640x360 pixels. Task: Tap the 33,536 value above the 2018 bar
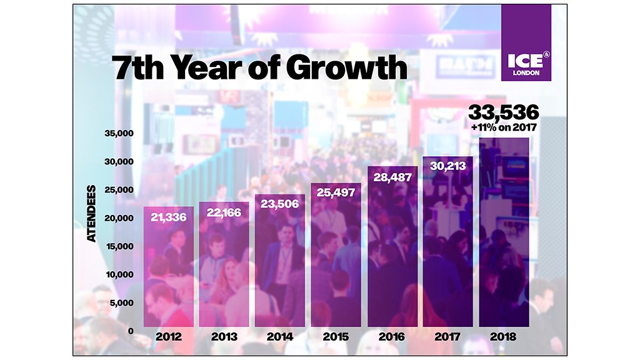(503, 113)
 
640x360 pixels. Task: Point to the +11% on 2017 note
(504, 128)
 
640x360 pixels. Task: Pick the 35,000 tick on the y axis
(118, 134)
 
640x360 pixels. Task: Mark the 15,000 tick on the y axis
(118, 246)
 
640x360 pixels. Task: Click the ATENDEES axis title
(92, 213)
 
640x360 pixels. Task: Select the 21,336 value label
(169, 217)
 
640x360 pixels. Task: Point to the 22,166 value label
(224, 212)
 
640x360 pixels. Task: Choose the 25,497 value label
(335, 192)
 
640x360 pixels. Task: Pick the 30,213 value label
(447, 166)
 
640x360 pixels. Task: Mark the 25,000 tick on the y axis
(118, 190)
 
